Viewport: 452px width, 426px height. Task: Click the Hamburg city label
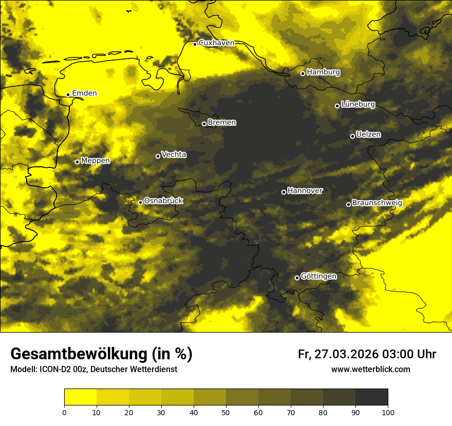point(323,72)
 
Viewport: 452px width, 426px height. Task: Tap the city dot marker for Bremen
point(204,124)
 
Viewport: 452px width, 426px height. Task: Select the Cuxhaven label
point(216,43)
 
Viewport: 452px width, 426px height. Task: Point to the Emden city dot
point(68,94)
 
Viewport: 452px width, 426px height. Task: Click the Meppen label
point(96,161)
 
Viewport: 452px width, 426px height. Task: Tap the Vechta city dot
point(158,156)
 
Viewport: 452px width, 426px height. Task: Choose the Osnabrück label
point(163,201)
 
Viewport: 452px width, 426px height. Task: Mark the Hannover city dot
point(284,192)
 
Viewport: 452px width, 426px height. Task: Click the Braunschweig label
point(377,203)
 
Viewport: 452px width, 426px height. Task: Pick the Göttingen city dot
point(297,278)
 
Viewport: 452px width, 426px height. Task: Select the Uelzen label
point(368,134)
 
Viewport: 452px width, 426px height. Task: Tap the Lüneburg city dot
point(337,106)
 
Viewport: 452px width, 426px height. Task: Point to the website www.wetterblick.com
point(371,369)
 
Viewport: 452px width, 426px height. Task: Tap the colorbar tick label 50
point(226,412)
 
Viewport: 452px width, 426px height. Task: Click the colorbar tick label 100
point(387,412)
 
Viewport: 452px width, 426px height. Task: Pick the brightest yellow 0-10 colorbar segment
point(80,397)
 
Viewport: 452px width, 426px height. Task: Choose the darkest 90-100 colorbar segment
point(371,397)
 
